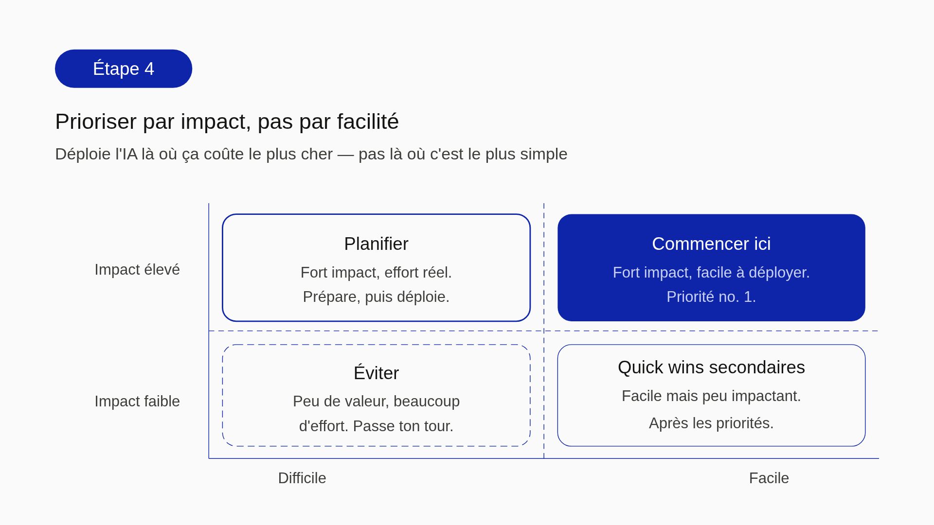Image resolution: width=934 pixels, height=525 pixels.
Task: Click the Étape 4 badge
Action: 123,69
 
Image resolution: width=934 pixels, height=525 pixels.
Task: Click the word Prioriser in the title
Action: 95,122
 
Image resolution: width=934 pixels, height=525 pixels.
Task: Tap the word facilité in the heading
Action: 368,122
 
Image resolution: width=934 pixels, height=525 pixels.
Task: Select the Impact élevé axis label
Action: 137,269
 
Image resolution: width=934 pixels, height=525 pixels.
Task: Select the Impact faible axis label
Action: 137,401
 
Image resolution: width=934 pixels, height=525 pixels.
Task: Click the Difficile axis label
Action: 302,478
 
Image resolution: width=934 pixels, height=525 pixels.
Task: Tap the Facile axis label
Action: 769,478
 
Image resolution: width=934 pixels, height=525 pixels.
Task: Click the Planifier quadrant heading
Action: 376,244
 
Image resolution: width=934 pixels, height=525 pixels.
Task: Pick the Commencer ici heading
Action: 711,244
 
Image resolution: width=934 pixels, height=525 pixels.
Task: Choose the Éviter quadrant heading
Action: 376,373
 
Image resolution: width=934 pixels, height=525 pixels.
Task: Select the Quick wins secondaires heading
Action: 711,367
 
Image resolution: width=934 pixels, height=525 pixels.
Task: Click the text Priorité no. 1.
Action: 711,297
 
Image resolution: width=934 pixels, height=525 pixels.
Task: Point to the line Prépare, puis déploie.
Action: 376,297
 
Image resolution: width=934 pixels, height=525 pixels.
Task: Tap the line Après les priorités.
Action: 711,423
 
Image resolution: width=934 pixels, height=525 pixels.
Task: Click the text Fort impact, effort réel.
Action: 376,272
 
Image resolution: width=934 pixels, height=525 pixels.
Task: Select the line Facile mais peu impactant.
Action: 711,396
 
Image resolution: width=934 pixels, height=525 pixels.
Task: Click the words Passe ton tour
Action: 403,426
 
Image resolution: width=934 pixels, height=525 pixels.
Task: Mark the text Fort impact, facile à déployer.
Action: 711,272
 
